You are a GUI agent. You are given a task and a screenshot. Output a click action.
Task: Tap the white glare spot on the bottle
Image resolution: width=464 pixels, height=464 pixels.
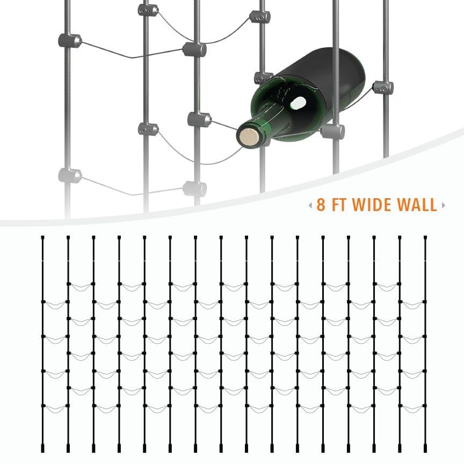[x=298, y=102]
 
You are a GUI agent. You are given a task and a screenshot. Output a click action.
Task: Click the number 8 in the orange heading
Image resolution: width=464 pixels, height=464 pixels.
[x=321, y=205]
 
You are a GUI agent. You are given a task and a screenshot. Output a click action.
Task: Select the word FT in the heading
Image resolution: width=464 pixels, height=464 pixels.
[x=342, y=205]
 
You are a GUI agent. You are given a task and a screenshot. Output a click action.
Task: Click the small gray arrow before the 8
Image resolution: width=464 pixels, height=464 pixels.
[x=310, y=205]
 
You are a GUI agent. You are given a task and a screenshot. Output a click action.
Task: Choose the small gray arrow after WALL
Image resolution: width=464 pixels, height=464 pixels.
[x=443, y=205]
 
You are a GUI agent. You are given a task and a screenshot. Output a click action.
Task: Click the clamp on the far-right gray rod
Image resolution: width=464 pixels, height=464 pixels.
[x=383, y=87]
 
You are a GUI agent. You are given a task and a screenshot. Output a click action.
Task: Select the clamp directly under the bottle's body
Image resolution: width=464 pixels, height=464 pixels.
[x=332, y=130]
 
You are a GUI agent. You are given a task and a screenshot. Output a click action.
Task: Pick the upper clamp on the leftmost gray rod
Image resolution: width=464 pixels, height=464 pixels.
[x=69, y=40]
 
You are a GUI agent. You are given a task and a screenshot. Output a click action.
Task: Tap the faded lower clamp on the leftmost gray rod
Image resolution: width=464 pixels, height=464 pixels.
[x=70, y=175]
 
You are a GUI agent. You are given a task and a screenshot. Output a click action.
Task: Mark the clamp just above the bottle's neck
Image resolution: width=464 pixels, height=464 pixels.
[x=263, y=78]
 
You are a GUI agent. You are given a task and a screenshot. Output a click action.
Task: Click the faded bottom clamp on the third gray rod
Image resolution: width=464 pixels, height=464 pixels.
[x=194, y=188]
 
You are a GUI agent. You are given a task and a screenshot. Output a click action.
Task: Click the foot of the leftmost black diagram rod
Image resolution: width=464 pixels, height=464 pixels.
[x=42, y=447]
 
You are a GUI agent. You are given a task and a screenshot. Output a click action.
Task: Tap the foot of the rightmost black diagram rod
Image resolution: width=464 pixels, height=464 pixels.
[x=425, y=447]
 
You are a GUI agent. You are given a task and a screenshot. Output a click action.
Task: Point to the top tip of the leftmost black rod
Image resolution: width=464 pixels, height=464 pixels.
[x=42, y=237]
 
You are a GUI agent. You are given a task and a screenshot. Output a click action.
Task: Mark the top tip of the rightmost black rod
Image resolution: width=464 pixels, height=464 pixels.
[x=425, y=237]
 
